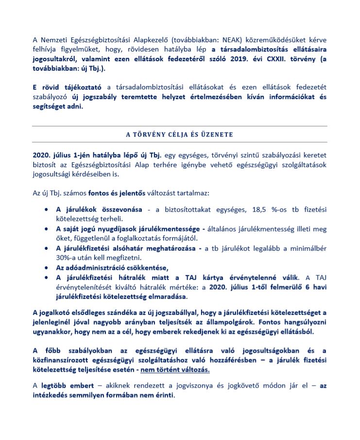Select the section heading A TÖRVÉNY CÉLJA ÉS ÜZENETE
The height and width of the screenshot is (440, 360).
pos(180,134)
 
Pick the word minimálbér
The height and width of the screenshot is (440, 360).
pos(309,248)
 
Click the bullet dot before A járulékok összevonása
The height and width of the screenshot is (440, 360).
pos(46,210)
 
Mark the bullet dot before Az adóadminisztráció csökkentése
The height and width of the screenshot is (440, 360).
pos(46,267)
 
